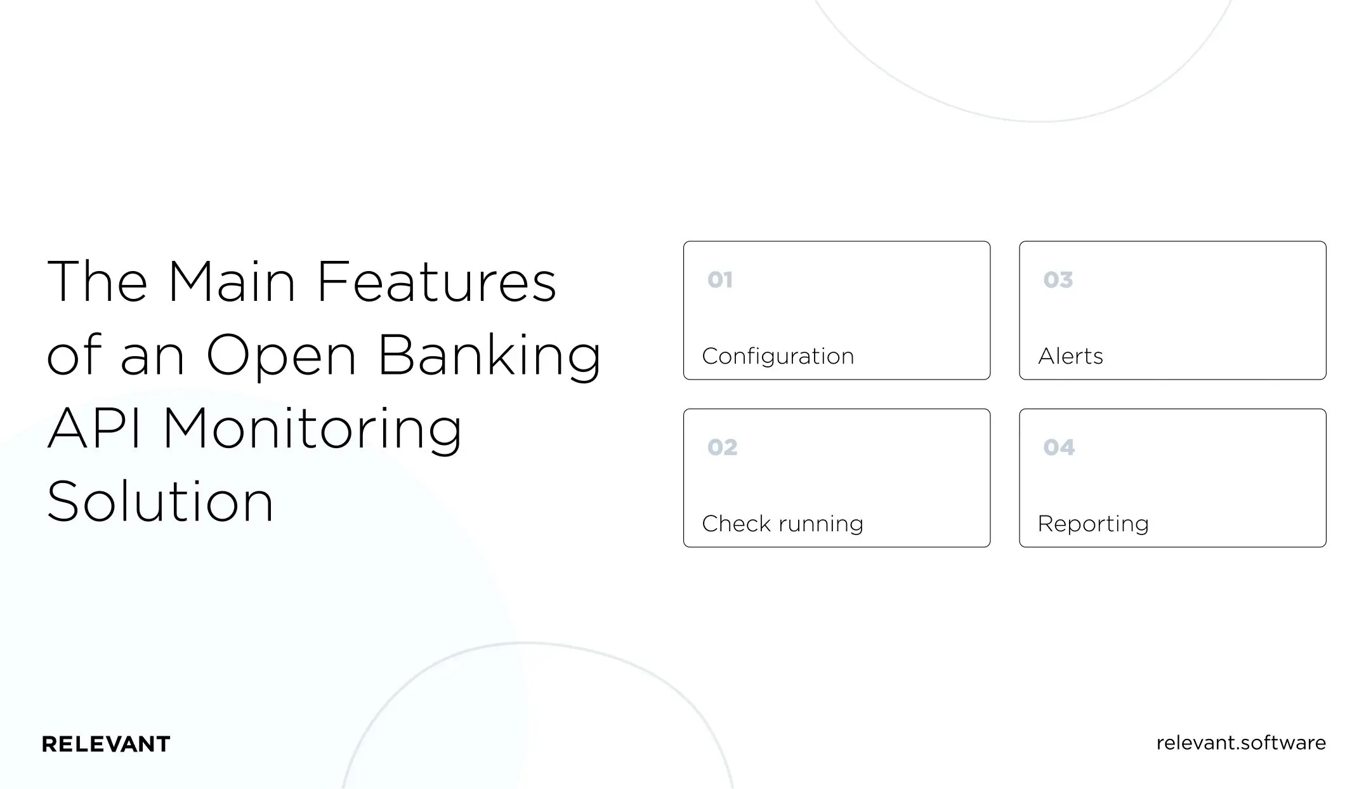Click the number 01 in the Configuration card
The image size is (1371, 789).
click(x=720, y=280)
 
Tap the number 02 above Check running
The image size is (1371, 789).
click(x=723, y=448)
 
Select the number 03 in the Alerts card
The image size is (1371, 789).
click(x=1058, y=280)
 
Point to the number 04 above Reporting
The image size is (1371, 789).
click(x=1059, y=448)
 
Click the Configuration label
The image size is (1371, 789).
click(x=778, y=357)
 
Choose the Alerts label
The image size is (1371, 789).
click(x=1070, y=357)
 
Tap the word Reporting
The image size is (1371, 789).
click(x=1093, y=524)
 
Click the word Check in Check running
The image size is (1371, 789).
click(x=736, y=524)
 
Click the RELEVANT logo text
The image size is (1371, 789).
click(x=106, y=744)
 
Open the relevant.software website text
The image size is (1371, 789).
click(x=1241, y=743)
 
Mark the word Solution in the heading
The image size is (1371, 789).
click(x=160, y=502)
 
